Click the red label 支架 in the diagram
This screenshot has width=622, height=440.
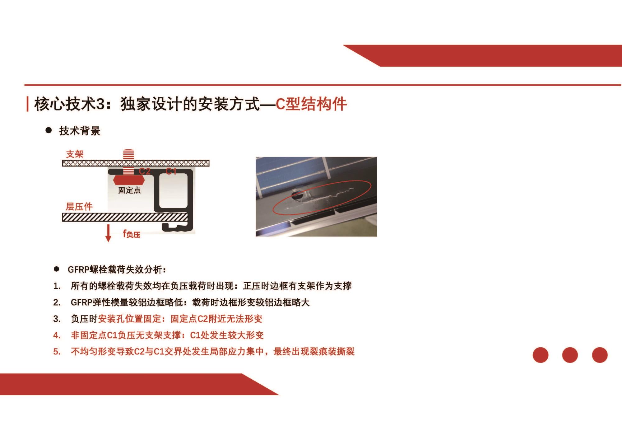[75, 154]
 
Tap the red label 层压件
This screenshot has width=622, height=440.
[79, 207]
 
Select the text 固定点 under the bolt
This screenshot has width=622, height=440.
[129, 190]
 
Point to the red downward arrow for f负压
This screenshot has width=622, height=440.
[108, 233]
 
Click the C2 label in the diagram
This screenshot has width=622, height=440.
[145, 171]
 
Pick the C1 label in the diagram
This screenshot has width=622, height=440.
[171, 171]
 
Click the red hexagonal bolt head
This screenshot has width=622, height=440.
[129, 180]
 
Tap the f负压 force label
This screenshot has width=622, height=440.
[132, 234]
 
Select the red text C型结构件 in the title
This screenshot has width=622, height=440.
[311, 104]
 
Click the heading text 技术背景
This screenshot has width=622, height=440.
[80, 131]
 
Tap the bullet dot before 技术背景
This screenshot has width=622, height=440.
[49, 130]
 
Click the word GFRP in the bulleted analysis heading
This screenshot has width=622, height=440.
[78, 269]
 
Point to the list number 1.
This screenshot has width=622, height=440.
[57, 286]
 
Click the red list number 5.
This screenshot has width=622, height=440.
[57, 352]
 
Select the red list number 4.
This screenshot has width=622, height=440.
[57, 335]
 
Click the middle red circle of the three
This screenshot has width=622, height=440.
[570, 355]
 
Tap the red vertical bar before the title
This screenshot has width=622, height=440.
[28, 104]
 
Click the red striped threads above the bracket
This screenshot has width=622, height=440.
[128, 154]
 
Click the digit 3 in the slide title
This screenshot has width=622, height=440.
[100, 104]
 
